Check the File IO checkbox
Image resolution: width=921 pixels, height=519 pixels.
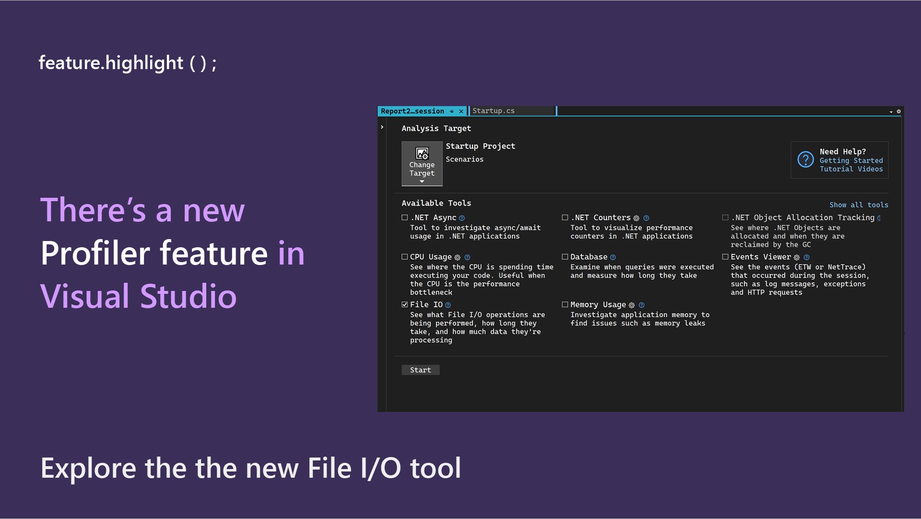pyautogui.click(x=405, y=304)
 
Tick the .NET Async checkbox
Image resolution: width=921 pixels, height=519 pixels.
pyautogui.click(x=405, y=217)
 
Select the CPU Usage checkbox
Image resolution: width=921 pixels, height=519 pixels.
pyautogui.click(x=405, y=257)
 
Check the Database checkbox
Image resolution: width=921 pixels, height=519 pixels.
pyautogui.click(x=565, y=257)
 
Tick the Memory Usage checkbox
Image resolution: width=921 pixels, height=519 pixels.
pyautogui.click(x=565, y=304)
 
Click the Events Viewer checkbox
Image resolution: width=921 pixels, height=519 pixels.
pyautogui.click(x=725, y=257)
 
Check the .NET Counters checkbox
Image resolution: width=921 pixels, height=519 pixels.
pyautogui.click(x=565, y=217)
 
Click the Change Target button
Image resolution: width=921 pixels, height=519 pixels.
pyautogui.click(x=422, y=164)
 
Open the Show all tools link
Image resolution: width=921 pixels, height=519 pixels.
pyautogui.click(x=859, y=205)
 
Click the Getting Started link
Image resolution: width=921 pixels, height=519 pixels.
pyautogui.click(x=851, y=161)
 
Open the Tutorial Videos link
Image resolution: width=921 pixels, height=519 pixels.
pyautogui.click(x=851, y=169)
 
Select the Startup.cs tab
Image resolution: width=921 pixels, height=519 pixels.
pyautogui.click(x=494, y=111)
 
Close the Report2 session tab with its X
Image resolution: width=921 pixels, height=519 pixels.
pyautogui.click(x=461, y=111)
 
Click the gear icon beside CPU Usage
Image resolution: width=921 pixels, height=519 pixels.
pyautogui.click(x=458, y=257)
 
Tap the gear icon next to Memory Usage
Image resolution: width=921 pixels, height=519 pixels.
pyautogui.click(x=632, y=305)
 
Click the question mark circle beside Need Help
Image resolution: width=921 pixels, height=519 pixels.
pyautogui.click(x=805, y=159)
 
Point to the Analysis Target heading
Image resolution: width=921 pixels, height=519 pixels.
pyautogui.click(x=436, y=129)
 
